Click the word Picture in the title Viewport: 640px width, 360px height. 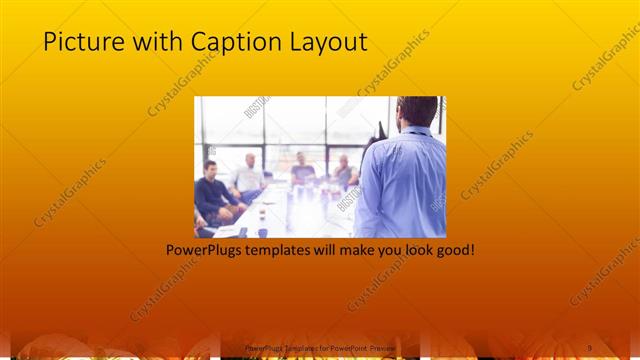click(79, 42)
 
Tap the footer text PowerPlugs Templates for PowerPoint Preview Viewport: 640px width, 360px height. click(320, 347)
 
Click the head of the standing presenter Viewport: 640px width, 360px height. click(417, 111)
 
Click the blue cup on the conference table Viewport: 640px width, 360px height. click(262, 231)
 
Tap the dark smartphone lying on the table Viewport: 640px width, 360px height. click(242, 232)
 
